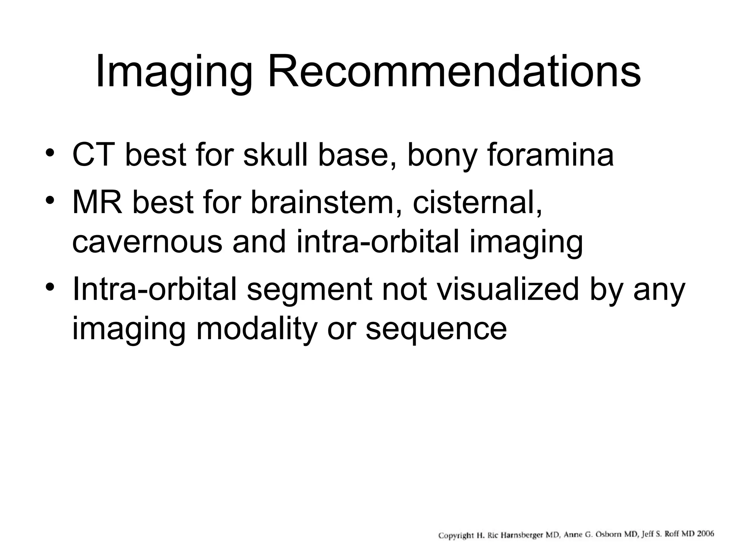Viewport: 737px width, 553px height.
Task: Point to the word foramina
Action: pos(550,155)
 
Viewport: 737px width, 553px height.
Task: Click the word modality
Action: pos(256,328)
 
